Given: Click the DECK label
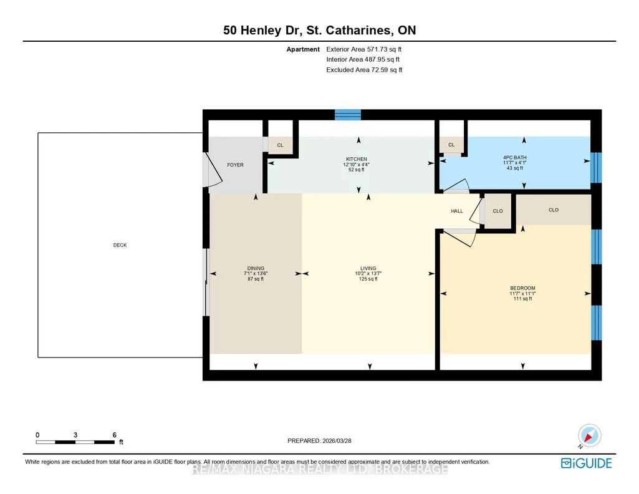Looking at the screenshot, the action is [120, 245].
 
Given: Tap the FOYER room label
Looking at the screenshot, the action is [235, 165].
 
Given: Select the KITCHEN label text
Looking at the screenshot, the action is [357, 159].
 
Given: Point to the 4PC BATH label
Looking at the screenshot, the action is [515, 157].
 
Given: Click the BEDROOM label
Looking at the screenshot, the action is [522, 288].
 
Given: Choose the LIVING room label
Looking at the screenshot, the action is [368, 268].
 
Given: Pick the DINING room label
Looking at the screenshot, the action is [256, 268].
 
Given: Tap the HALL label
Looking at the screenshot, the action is [457, 211].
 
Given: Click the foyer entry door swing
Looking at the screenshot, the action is [214, 170].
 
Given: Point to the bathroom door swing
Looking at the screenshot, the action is [456, 186].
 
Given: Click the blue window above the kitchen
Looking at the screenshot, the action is [348, 115].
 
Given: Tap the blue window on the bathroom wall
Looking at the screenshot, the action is [596, 168].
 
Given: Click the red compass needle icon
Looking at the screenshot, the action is [588, 438].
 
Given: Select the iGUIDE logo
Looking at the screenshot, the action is [587, 463].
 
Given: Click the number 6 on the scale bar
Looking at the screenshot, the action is [115, 435].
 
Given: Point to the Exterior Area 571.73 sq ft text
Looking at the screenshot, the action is [364, 49].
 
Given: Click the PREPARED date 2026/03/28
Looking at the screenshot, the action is [337, 440].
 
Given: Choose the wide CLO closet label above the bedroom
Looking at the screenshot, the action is [554, 210].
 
